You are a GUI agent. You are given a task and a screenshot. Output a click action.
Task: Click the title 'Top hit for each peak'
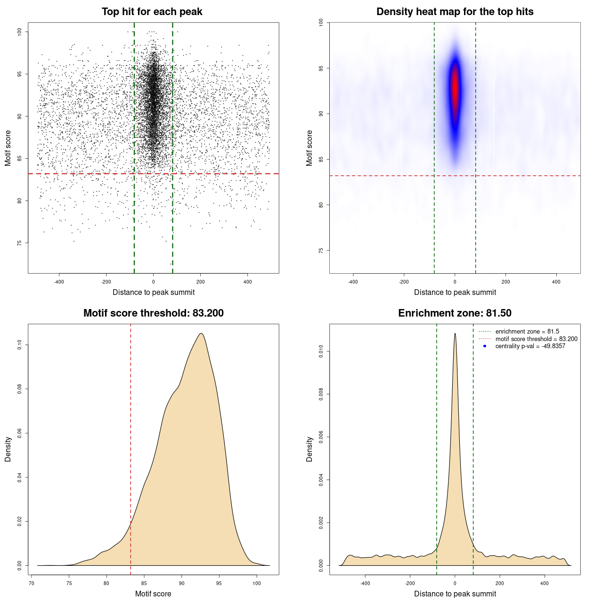[152, 12]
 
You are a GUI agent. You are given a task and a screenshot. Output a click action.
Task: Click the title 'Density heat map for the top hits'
[455, 12]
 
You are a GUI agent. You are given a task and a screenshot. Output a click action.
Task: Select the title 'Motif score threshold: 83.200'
[153, 313]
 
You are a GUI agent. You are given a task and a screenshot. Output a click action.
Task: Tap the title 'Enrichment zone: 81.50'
[455, 313]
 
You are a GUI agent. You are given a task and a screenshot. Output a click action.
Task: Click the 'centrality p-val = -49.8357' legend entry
[530, 346]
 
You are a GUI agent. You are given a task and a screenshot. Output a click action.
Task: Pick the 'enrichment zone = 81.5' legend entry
[527, 332]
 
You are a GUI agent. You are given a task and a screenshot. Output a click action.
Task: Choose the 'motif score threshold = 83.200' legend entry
[536, 339]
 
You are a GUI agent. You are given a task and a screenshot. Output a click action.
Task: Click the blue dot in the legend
[485, 346]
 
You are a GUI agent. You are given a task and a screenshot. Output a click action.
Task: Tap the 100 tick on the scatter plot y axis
[20, 32]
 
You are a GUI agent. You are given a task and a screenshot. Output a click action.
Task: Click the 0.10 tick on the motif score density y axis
[20, 345]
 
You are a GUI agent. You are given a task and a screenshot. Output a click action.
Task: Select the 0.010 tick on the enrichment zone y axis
[321, 351]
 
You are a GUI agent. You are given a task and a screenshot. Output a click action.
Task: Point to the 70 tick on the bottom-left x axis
[32, 583]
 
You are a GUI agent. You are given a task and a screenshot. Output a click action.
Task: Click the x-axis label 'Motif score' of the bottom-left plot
[153, 594]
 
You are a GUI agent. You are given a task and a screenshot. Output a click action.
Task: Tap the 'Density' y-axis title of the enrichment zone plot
[310, 449]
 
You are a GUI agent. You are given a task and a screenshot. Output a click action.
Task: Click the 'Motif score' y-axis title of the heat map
[310, 148]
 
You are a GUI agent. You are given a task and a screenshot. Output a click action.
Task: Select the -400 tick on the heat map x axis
[353, 282]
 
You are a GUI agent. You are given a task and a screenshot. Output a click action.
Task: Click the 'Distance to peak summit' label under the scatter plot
[154, 292]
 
